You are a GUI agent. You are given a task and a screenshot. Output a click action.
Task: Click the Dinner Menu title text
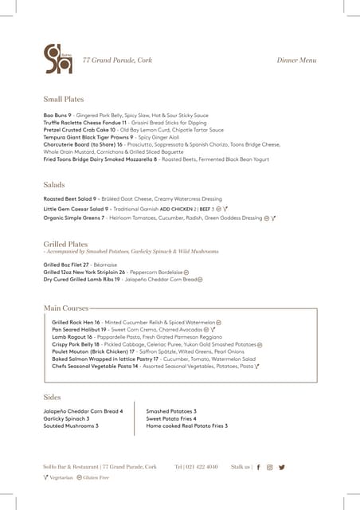[x=296, y=61]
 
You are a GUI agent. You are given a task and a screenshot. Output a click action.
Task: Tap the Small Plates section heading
[x=64, y=100]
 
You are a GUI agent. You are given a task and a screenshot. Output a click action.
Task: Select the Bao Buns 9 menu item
[x=58, y=116]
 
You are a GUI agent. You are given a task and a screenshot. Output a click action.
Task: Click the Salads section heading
[x=54, y=184]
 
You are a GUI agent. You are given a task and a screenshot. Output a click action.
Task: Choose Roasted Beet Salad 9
[x=70, y=198]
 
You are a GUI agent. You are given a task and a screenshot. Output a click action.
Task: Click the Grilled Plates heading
[x=65, y=244]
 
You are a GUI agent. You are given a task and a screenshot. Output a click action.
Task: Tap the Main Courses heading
[x=66, y=307]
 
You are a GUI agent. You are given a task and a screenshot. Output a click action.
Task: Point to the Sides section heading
[x=52, y=397]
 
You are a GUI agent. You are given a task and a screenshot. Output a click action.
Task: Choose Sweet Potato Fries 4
[x=171, y=418]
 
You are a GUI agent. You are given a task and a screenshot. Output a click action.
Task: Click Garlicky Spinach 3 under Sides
[x=66, y=418]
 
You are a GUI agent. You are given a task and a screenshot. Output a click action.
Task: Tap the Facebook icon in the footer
[x=259, y=467]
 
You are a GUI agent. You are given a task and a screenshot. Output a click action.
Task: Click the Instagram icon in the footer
[x=270, y=467]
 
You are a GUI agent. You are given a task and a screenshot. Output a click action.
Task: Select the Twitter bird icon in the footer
[x=281, y=467]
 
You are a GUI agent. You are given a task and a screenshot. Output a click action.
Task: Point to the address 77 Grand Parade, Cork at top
[x=118, y=61]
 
